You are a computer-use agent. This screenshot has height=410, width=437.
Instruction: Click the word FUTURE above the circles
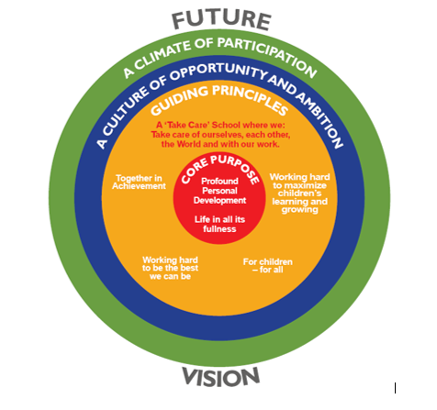[221, 20]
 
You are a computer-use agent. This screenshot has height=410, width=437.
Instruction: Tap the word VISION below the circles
[221, 377]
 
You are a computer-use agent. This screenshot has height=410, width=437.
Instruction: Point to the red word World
[189, 144]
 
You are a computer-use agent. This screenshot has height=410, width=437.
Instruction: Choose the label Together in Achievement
[139, 183]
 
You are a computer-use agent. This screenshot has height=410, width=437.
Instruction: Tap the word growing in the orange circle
[300, 210]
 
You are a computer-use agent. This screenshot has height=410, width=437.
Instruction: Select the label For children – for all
[268, 266]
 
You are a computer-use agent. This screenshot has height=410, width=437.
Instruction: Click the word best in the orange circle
[189, 268]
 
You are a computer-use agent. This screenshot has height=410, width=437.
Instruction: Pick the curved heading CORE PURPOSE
[220, 169]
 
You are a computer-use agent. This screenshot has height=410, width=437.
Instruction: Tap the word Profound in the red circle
[219, 181]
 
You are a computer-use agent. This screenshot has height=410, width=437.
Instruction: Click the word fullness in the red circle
[219, 229]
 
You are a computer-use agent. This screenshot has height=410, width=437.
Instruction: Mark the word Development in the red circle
[219, 201]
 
